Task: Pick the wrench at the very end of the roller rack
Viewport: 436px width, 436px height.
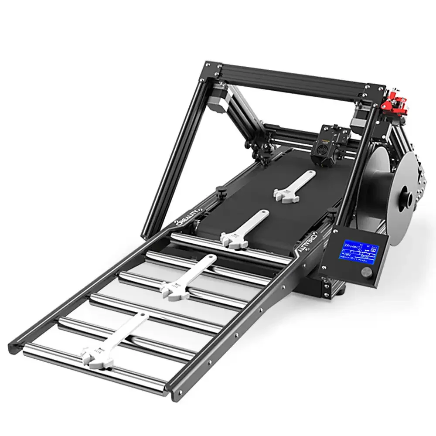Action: pyautogui.click(x=116, y=341)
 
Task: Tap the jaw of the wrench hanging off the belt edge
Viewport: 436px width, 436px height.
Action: pyautogui.click(x=229, y=239)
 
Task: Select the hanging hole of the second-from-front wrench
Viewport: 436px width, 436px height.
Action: pyautogui.click(x=212, y=259)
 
